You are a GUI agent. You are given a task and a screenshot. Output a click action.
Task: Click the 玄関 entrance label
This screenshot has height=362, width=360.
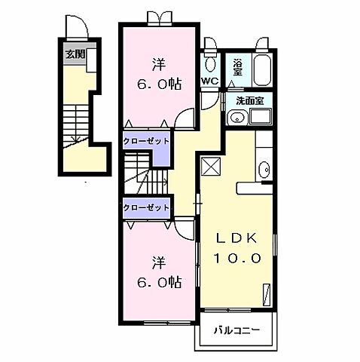point(75,54)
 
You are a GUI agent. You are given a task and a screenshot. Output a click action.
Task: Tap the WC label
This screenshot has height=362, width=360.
point(210,81)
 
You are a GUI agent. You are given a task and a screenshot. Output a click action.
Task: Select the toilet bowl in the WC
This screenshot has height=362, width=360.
point(210,65)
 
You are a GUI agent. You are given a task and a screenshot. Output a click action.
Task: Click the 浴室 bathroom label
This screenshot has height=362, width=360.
point(237,67)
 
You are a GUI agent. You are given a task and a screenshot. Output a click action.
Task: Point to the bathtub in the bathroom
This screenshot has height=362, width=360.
point(262,69)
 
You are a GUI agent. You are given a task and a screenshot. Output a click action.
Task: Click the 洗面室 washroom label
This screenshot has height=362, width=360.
point(249,101)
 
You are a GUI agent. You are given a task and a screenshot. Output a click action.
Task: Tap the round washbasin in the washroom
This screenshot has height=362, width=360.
point(236,118)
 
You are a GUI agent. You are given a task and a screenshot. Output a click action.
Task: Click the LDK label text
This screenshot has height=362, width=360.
point(237,238)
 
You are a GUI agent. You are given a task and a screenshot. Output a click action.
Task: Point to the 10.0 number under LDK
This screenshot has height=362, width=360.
point(237,258)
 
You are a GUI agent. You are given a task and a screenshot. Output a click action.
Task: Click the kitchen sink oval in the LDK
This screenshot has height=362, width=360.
point(264,170)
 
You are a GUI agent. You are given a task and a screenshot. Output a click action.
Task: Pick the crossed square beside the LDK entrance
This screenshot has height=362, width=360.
point(212,166)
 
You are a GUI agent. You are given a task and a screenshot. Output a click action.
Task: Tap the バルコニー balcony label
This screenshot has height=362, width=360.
point(236,330)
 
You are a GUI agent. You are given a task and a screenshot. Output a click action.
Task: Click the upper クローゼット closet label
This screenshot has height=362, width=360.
point(146,141)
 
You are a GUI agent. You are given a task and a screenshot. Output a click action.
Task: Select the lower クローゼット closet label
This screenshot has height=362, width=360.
point(146,207)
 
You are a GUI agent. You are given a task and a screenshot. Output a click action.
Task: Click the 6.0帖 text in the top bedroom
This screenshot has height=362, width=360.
point(159,84)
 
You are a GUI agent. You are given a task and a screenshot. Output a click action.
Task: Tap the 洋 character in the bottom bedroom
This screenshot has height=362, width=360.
point(159,262)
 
